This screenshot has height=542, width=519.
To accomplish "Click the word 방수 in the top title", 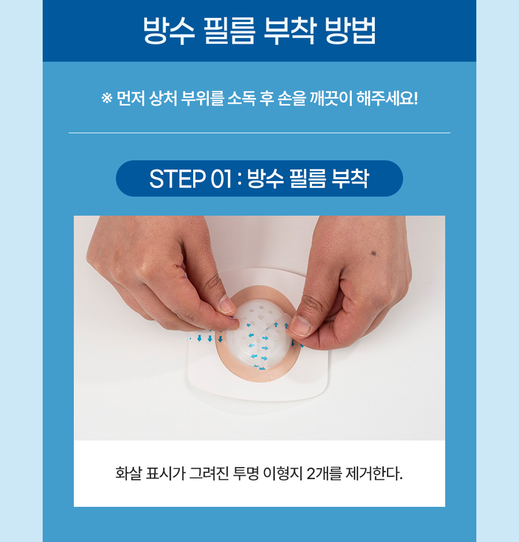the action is point(169,31).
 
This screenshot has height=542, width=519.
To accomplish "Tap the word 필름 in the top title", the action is point(230,31).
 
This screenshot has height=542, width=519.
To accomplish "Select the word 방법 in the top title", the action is point(351,31).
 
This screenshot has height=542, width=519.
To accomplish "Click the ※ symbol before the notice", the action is point(107,98).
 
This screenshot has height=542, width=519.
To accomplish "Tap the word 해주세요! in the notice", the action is point(387,99).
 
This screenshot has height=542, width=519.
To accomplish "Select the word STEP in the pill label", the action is point(177,179).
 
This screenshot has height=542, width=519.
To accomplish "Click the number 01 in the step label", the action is point(221,179).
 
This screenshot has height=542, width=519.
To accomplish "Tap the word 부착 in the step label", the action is point(350,179).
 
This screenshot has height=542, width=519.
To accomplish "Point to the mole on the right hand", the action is point(374,253).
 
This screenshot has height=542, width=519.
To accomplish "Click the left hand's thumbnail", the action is point(228,305).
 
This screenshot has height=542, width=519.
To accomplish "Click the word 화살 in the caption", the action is point(128,473).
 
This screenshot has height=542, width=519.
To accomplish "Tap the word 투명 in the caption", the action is point(246,473).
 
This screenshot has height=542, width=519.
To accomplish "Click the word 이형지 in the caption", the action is point(283,473).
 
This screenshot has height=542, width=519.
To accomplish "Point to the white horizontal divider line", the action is point(259,133).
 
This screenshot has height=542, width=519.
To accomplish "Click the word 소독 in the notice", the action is point(242,99).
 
